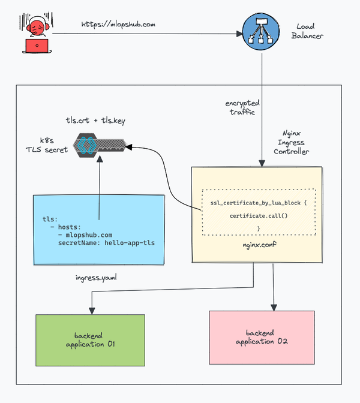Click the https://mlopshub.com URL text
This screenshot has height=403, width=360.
(x=119, y=25)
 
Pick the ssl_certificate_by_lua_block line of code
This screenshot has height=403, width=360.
(x=259, y=203)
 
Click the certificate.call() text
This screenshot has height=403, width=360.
(x=259, y=215)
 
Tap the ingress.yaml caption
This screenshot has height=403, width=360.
(x=95, y=278)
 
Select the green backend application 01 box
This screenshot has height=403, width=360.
(x=90, y=340)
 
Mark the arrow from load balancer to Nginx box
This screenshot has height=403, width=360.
(x=261, y=108)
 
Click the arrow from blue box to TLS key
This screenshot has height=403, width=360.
(x=99, y=186)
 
